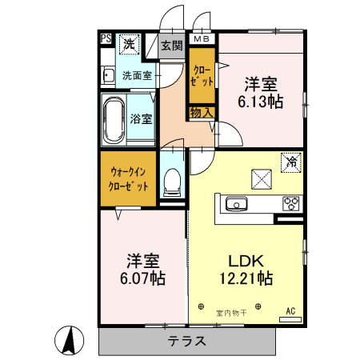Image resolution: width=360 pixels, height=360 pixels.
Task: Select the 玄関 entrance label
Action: pos(171,46)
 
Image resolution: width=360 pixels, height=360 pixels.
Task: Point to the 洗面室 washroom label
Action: pos(137,77)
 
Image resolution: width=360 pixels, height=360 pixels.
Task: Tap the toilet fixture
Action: pos(170,182)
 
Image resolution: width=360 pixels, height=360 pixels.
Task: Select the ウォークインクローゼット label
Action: pos(129,178)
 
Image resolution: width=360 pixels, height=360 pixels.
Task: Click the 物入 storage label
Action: pos(201,113)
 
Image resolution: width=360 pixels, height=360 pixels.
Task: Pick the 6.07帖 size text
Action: pos(145,278)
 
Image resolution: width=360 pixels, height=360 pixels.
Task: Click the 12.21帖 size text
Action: pos(246,278)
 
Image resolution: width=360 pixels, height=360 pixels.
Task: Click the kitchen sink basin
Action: pos(238,205)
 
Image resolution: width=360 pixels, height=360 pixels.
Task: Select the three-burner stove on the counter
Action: pos(290,203)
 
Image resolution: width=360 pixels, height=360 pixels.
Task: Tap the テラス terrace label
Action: pos(187,340)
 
